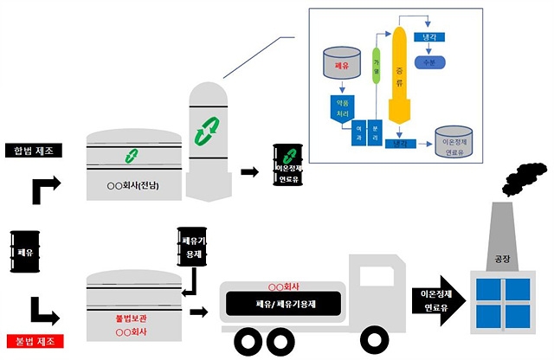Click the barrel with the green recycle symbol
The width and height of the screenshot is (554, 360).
[x=287, y=164]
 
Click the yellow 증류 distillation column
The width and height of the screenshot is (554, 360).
[x=400, y=78]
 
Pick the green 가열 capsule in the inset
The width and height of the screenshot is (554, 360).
[x=377, y=67]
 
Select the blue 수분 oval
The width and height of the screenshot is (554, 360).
[x=430, y=63]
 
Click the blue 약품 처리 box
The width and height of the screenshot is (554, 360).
[x=341, y=107]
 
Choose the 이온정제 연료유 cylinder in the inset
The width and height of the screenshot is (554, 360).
[x=455, y=144]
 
